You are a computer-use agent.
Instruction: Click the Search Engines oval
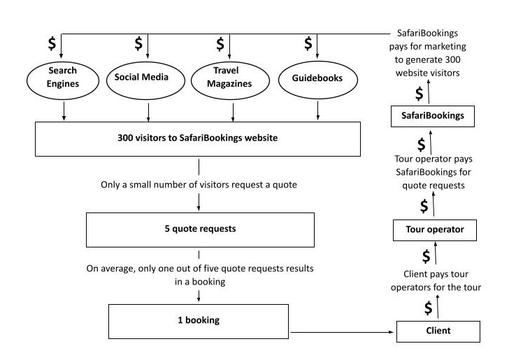pos(63,78)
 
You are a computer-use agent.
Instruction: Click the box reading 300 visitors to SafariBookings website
pos(199,138)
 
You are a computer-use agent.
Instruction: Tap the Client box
pos(437,330)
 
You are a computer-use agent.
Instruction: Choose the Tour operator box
pos(434,229)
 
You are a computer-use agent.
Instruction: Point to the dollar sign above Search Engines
pos(52,43)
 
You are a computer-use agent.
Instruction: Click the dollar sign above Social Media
pos(137,43)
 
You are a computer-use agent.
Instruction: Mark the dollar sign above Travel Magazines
pos(220,43)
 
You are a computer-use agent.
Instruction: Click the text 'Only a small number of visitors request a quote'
pos(199,185)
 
